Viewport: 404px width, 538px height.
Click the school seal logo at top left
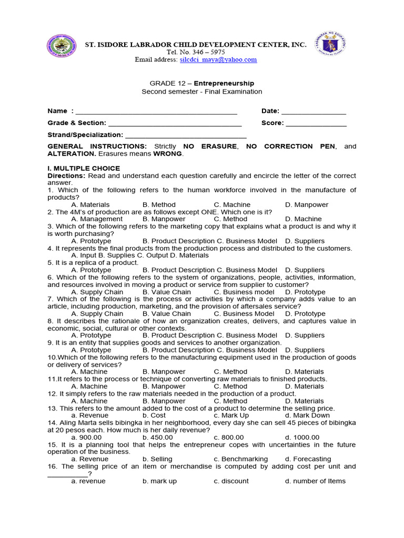[x=61, y=48]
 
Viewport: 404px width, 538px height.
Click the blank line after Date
[x=314, y=111]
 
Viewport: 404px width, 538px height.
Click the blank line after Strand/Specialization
[x=186, y=136]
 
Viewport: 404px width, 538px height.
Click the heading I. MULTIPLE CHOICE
[x=84, y=168]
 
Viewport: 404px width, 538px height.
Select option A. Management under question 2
[x=97, y=219]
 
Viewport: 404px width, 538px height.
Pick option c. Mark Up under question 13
[x=231, y=416]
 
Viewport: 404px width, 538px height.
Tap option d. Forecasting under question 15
[x=308, y=459]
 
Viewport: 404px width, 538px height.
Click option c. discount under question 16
[x=231, y=481]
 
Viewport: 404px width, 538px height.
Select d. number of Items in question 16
[x=315, y=481]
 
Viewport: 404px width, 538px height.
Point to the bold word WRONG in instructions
[x=167, y=154]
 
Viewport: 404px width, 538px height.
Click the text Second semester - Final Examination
[x=202, y=91]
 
